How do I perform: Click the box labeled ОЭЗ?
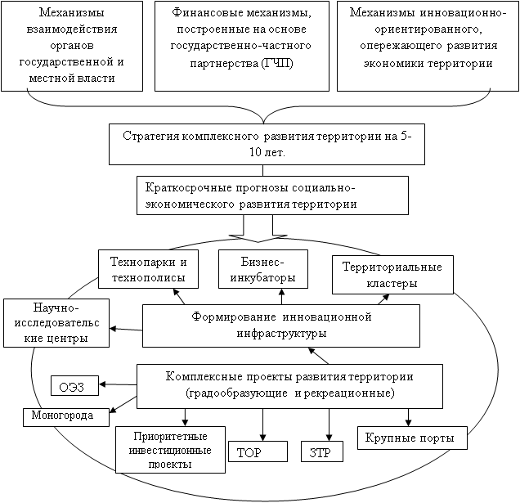(74, 385)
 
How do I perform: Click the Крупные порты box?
(411, 437)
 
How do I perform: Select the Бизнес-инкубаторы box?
(262, 269)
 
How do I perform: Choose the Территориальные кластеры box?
(392, 275)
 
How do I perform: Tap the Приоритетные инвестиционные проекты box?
(170, 449)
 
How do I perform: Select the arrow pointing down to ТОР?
(262, 424)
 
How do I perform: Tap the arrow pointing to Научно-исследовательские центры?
(126, 329)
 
